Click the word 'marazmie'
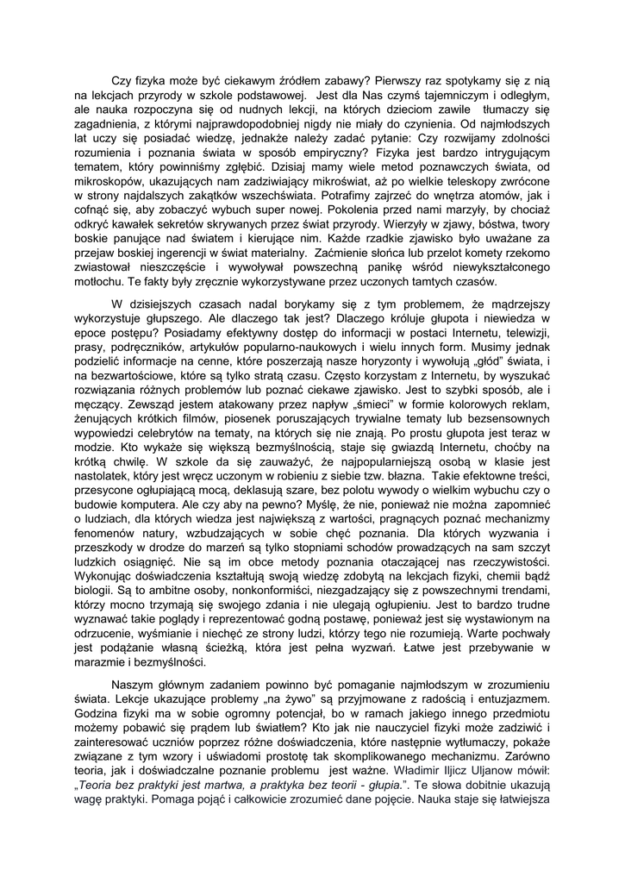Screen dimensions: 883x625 (103, 663)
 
